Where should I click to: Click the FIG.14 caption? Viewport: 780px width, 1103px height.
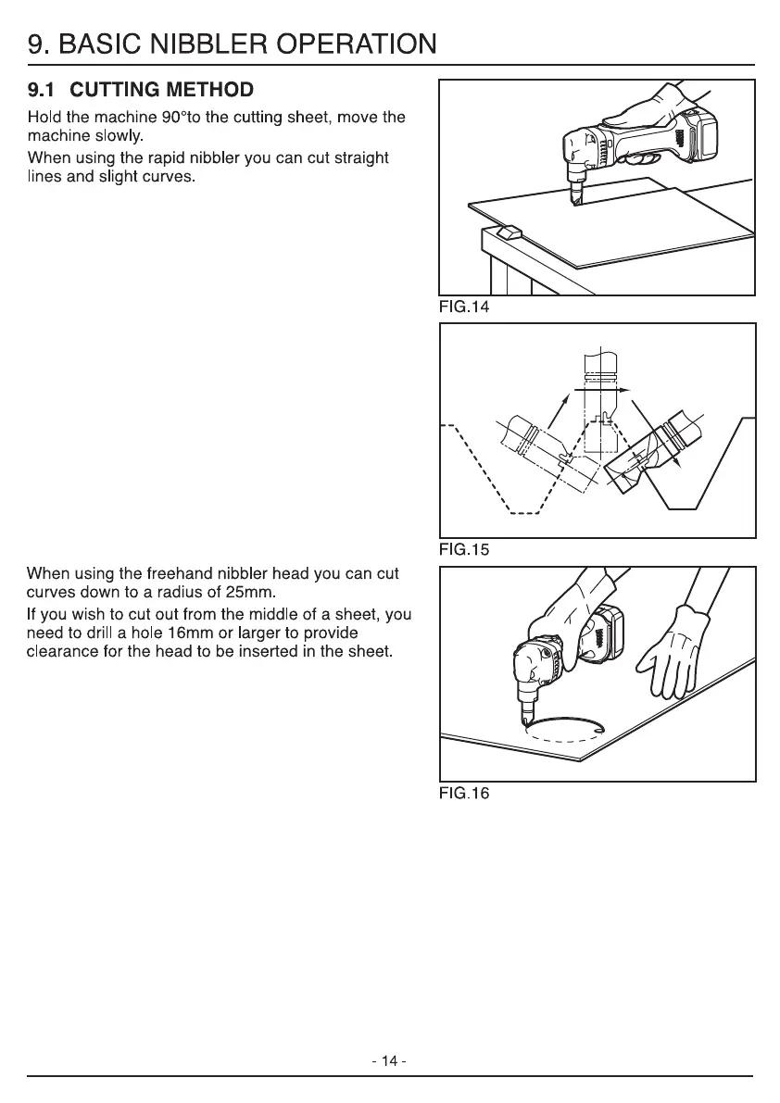coord(463,307)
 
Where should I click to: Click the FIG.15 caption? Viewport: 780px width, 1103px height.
coord(463,549)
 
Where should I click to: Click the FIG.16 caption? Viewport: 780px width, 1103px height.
coord(463,793)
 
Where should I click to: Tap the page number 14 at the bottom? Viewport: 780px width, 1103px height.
coord(389,1061)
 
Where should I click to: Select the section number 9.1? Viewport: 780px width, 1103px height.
coord(43,91)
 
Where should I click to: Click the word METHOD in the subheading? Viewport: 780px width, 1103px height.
coord(204,91)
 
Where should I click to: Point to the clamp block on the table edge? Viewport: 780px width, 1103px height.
coord(509,232)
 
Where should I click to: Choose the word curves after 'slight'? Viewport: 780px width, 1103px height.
coord(166,177)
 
